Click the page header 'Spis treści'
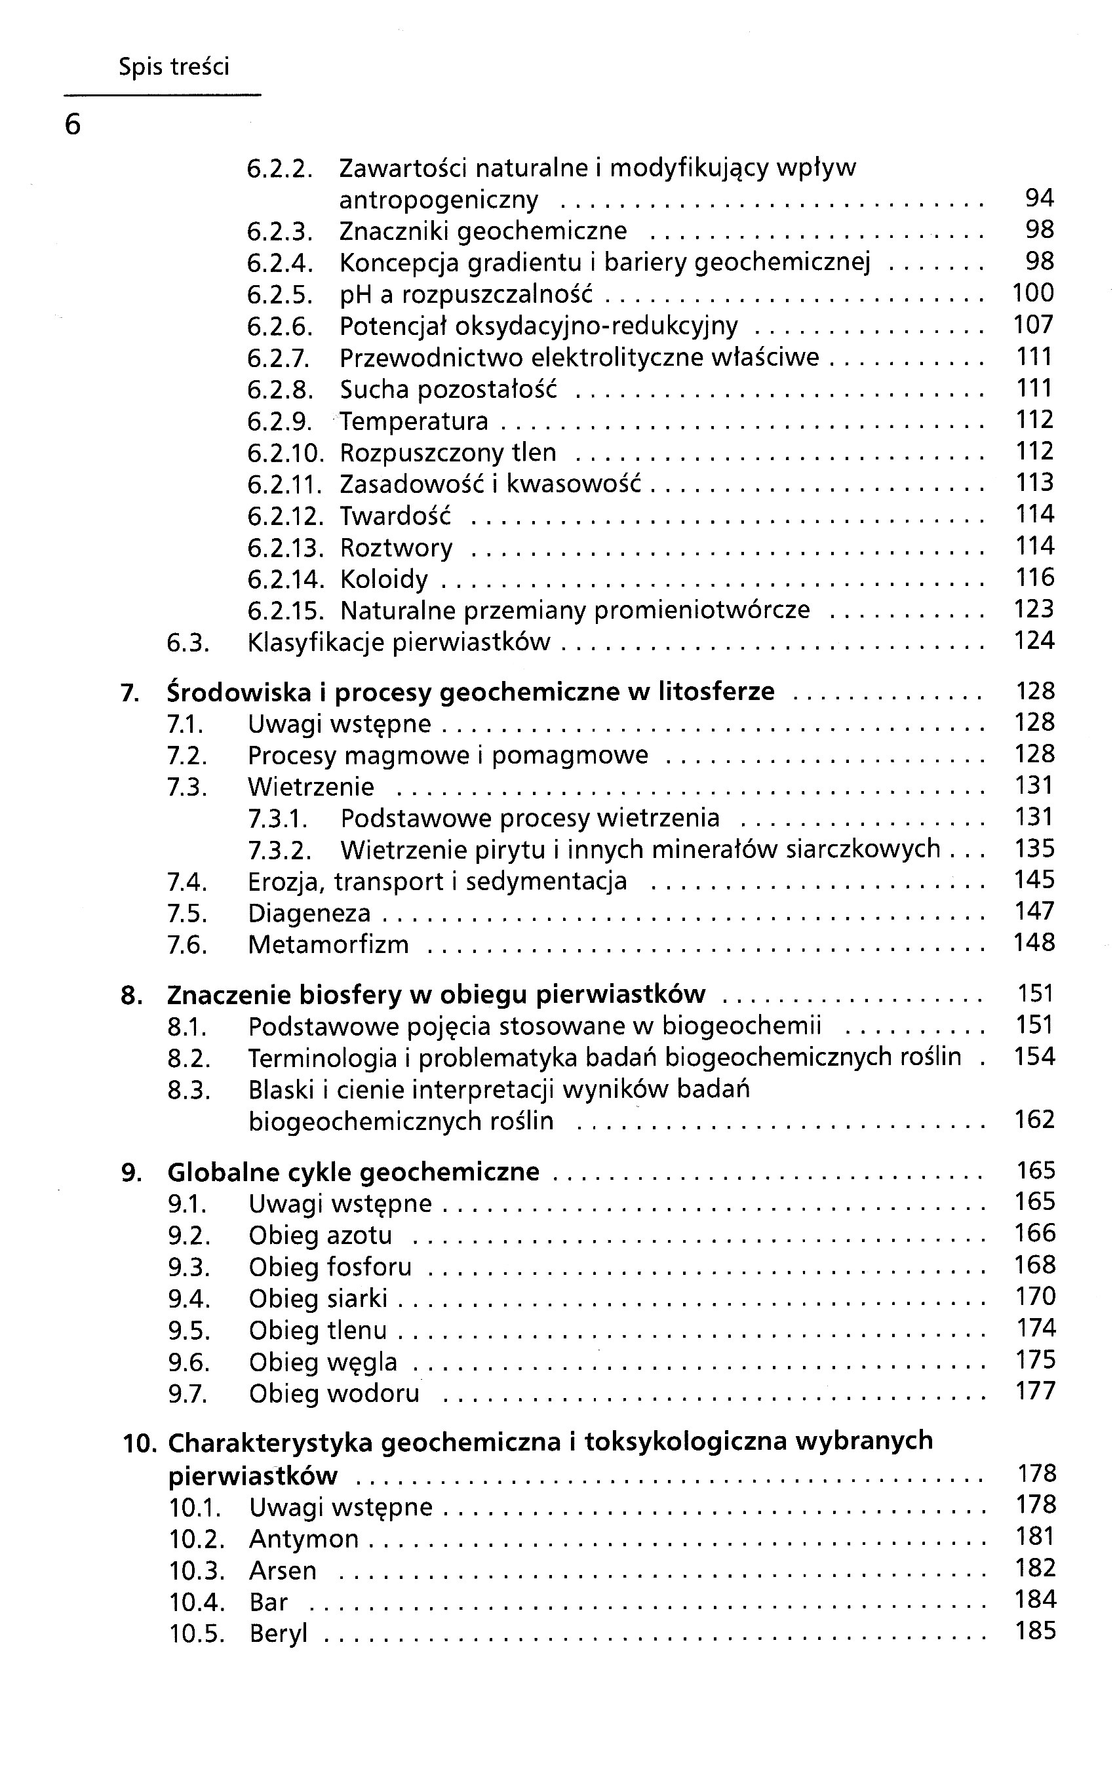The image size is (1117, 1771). pos(174,67)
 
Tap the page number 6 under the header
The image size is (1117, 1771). pos(72,125)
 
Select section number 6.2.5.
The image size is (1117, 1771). pos(279,295)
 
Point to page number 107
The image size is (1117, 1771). pos(1033,324)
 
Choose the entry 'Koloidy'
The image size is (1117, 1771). pos(384,579)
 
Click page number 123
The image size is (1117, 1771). pos(1033,609)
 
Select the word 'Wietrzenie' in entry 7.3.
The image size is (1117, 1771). pos(310,787)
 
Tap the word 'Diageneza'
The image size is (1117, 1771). pos(309,914)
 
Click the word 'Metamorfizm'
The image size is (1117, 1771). pos(328,944)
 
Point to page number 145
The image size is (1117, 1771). pos(1034,880)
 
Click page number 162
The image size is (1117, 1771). pos(1034,1119)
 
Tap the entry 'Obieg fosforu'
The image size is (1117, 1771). pos(330,1267)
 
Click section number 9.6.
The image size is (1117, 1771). pos(188,1363)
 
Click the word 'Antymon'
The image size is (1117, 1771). pos(304,1538)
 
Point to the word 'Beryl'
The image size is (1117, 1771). pos(278,1633)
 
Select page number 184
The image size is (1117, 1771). pos(1034,1600)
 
